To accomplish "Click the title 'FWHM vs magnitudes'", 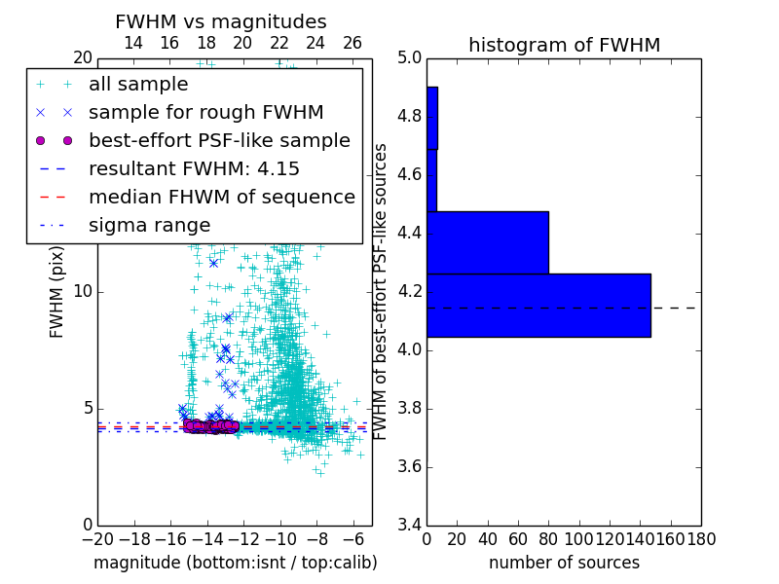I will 221,22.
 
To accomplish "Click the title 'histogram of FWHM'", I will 564,45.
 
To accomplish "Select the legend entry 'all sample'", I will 138,85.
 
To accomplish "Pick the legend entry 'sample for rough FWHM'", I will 206,112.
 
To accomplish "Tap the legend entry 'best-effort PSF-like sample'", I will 219,140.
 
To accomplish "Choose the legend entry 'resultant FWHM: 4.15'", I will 194,168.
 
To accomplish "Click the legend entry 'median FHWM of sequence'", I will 221,197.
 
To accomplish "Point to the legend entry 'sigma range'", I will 149,225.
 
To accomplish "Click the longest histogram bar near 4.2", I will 538,306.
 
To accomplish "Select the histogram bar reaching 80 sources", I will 488,242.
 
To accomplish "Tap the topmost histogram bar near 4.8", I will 432,118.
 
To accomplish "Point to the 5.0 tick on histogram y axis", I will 409,58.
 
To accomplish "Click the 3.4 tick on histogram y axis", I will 409,525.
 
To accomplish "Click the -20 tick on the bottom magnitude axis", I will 97,538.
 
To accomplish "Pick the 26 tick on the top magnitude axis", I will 352,43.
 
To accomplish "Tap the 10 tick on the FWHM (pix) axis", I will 84,292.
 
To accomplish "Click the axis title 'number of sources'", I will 564,563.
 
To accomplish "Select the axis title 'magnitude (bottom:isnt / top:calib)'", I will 235,563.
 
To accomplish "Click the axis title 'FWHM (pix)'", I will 57,292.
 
